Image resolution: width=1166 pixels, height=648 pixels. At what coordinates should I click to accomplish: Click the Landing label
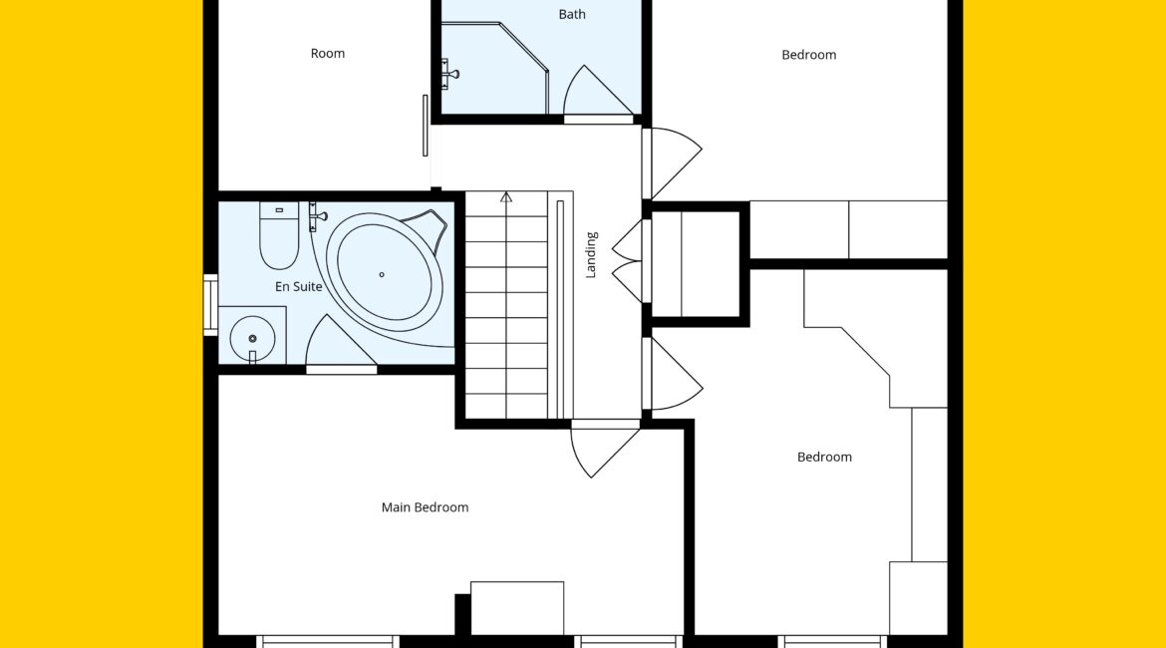tap(591, 255)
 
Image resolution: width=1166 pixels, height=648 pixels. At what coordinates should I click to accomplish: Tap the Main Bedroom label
tap(425, 507)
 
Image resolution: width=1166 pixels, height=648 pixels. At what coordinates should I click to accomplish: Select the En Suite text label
tap(298, 286)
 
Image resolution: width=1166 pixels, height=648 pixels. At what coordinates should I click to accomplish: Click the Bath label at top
tap(572, 14)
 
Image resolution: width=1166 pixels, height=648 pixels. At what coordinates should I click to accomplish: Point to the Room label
tap(327, 54)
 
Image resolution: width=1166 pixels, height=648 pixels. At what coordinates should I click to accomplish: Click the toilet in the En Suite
tap(279, 235)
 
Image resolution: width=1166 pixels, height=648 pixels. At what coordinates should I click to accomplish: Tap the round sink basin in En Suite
tap(252, 339)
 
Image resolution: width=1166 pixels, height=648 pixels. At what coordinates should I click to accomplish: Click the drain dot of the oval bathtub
tap(382, 274)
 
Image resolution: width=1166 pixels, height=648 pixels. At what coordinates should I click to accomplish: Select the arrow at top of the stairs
tap(505, 197)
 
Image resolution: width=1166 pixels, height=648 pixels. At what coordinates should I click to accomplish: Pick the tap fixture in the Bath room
tap(448, 74)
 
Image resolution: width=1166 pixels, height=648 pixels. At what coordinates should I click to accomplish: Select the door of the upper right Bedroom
tap(672, 163)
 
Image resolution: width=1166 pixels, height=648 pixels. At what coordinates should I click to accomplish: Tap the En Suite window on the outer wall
tap(210, 305)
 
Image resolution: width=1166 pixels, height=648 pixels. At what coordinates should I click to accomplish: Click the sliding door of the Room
tap(426, 126)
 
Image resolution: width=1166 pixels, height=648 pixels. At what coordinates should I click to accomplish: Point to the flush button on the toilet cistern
tap(279, 210)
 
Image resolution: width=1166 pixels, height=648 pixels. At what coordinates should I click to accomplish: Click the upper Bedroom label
tap(808, 54)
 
